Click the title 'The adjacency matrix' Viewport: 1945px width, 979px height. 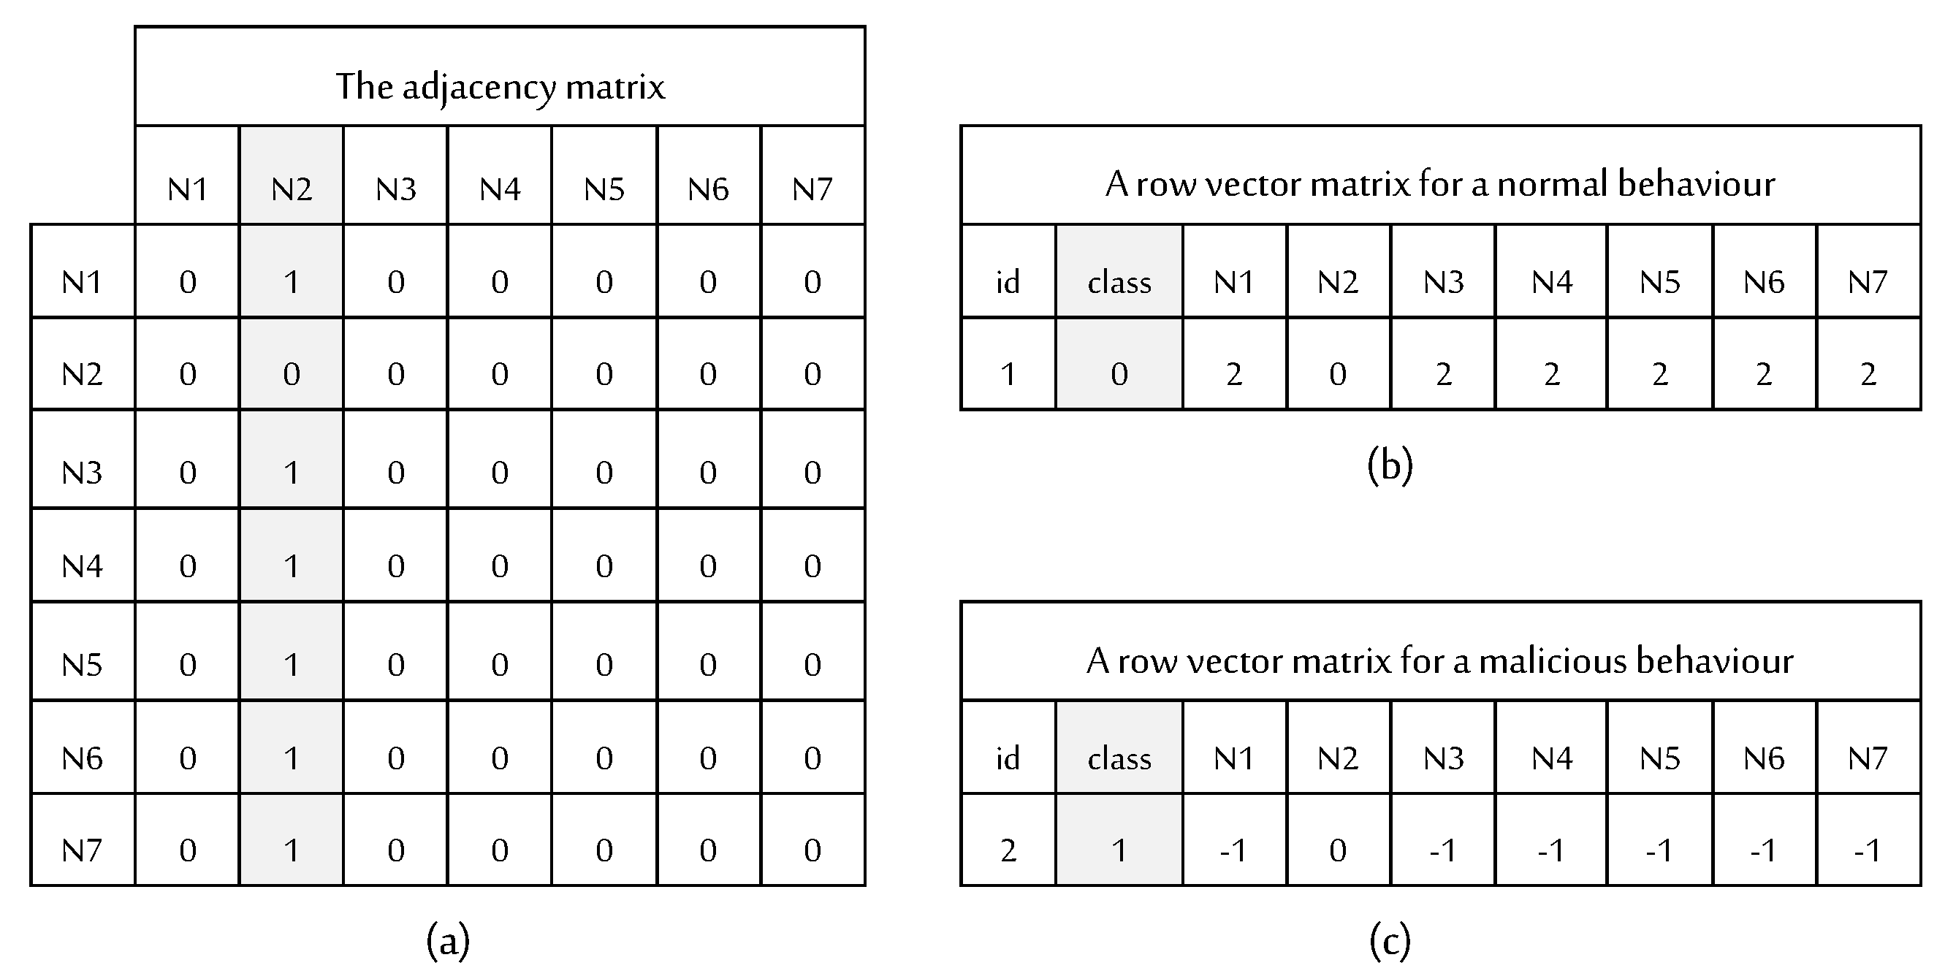pyautogui.click(x=500, y=86)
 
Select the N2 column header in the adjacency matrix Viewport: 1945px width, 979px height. pyautogui.click(x=292, y=188)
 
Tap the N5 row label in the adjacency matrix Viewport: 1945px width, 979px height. pyautogui.click(x=82, y=664)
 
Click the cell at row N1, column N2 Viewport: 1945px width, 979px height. pyautogui.click(x=292, y=281)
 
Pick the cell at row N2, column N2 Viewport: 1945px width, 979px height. pyautogui.click(x=292, y=373)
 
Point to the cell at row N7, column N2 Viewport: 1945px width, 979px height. pyautogui.click(x=292, y=850)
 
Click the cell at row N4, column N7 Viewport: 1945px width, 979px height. pyautogui.click(x=812, y=565)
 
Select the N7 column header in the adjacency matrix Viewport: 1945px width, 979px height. pyautogui.click(x=812, y=188)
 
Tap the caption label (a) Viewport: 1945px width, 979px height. pyautogui.click(x=448, y=940)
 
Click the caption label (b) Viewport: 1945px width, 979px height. pyautogui.click(x=1389, y=465)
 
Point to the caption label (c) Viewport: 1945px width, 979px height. pyautogui.click(x=1389, y=940)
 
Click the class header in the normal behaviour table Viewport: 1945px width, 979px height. pyautogui.click(x=1119, y=282)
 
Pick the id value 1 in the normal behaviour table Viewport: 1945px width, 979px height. pyautogui.click(x=1008, y=373)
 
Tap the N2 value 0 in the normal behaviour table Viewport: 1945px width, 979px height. pyautogui.click(x=1338, y=373)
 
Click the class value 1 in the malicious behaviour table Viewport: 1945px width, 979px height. pyautogui.click(x=1119, y=850)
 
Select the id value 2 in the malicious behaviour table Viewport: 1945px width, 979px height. pyautogui.click(x=1008, y=850)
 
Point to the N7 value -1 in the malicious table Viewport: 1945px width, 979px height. pyautogui.click(x=1868, y=850)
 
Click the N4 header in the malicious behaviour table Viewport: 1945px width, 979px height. pyautogui.click(x=1552, y=758)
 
